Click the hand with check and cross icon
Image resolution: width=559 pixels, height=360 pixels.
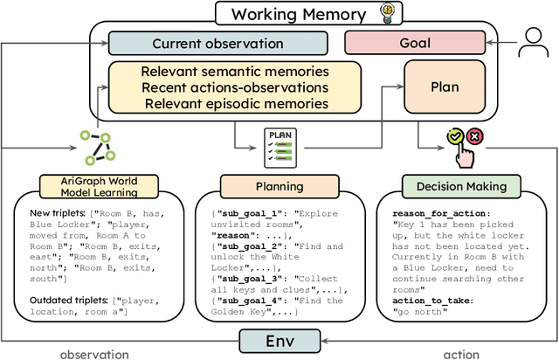(x=463, y=145)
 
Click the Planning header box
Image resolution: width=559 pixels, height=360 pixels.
(x=279, y=186)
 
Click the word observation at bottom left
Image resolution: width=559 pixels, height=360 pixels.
(x=93, y=353)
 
